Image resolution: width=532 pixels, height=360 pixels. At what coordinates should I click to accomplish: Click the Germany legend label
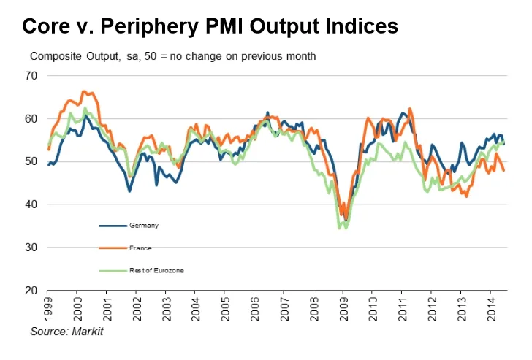click(x=143, y=226)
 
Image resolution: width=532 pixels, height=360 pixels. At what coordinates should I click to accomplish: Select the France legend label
click(x=141, y=248)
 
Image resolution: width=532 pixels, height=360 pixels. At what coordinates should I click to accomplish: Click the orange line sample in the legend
click(x=112, y=248)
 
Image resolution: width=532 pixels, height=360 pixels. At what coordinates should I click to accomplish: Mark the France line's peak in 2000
click(x=83, y=91)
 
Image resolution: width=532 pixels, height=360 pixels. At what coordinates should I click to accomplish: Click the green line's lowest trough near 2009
click(x=340, y=229)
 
